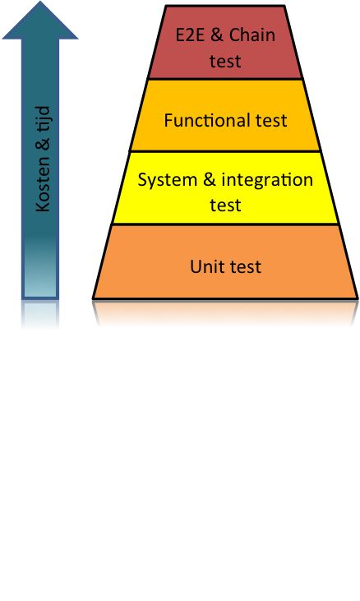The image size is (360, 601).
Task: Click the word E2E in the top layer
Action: click(191, 35)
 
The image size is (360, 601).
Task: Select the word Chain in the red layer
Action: click(252, 35)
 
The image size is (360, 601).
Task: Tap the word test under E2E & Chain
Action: click(225, 62)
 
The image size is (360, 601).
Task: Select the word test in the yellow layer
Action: click(225, 205)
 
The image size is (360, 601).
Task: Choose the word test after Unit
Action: click(246, 267)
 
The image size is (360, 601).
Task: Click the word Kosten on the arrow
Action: click(43, 188)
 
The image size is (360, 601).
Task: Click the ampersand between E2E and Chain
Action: click(217, 35)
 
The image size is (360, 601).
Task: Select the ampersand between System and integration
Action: click(209, 180)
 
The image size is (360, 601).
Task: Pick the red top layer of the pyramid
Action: click(225, 42)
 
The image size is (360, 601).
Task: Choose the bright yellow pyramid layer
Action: click(225, 187)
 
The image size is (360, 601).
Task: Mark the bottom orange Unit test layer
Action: click(225, 261)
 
